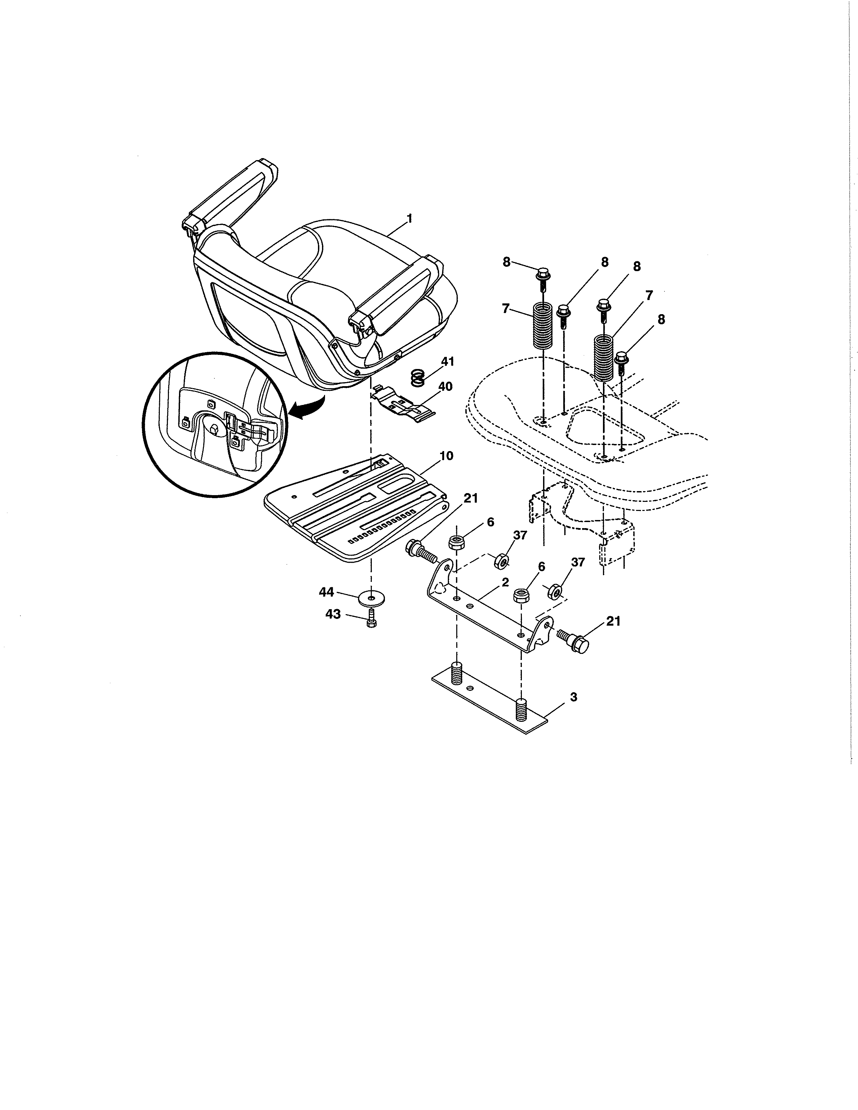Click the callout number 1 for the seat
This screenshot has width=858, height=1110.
point(409,219)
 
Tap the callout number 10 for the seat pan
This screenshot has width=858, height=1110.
point(446,455)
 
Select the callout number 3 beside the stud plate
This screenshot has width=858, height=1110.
point(573,697)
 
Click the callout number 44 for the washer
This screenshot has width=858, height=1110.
point(326,592)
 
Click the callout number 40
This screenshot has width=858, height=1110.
point(445,387)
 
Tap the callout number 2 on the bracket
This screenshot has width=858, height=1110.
point(505,583)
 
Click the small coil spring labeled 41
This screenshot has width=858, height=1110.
point(417,378)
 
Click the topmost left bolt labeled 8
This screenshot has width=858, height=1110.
point(542,274)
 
